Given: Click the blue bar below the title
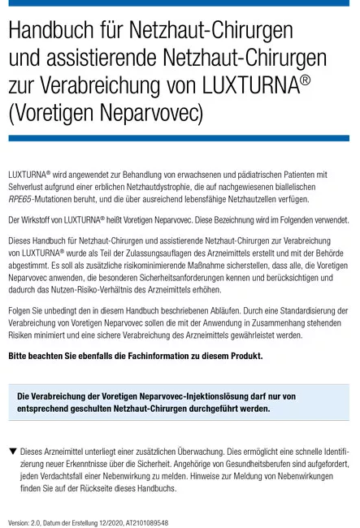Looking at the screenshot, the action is pos(179,139).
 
